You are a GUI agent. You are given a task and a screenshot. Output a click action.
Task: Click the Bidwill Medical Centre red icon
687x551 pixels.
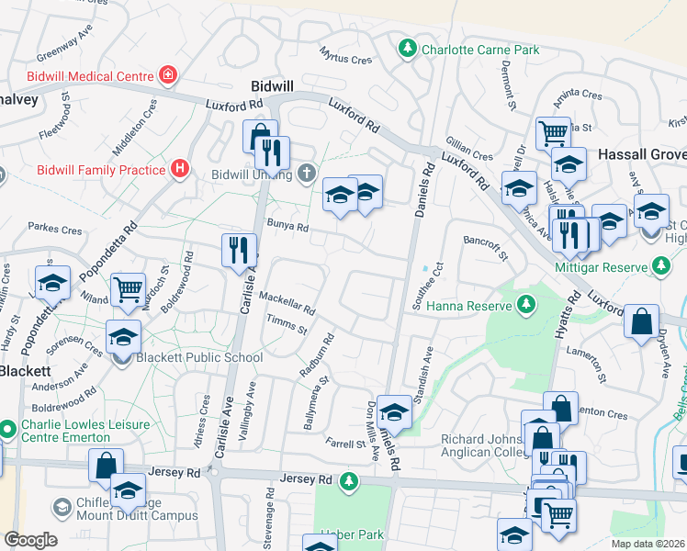click(167, 73)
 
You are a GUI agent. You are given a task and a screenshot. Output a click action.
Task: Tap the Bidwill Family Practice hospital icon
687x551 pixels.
click(180, 169)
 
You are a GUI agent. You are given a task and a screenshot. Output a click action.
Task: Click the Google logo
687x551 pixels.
click(29, 540)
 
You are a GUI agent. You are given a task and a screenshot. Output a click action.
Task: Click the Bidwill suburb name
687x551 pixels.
click(272, 85)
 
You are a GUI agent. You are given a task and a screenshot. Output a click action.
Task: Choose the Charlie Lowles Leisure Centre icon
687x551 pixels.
click(7, 429)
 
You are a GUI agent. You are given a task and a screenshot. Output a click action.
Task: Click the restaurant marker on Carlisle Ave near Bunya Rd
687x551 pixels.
click(236, 248)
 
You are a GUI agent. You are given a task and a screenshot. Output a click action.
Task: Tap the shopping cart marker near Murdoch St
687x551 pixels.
click(129, 288)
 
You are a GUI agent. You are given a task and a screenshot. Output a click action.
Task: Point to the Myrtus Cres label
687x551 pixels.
click(345, 56)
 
